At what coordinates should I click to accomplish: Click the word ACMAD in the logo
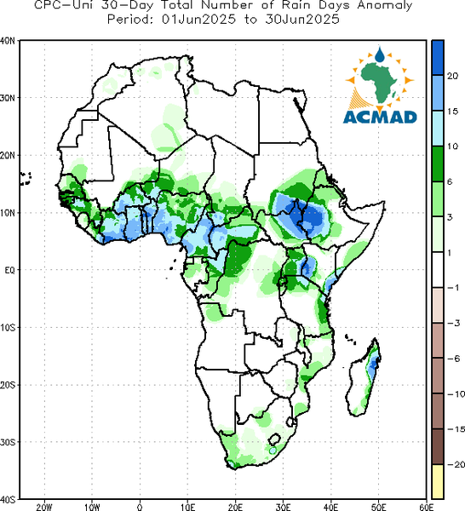click(x=380, y=117)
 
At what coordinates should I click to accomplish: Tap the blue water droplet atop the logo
click(x=379, y=55)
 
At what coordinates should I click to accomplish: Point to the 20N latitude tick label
click(x=7, y=155)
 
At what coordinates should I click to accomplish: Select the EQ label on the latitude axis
click(x=9, y=270)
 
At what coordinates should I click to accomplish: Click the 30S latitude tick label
click(x=7, y=442)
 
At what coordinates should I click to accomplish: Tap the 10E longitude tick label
click(x=187, y=507)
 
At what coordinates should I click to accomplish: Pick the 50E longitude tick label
click(x=379, y=507)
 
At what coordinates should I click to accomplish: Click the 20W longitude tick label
click(x=44, y=507)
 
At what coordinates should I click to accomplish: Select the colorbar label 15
click(x=452, y=111)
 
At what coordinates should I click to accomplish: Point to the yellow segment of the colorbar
click(x=438, y=481)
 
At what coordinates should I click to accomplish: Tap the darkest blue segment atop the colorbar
click(x=438, y=58)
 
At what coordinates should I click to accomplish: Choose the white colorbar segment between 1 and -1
click(x=438, y=269)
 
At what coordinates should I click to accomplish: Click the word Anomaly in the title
click(x=385, y=6)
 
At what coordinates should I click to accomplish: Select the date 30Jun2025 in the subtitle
click(x=302, y=20)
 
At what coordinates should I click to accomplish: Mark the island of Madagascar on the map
click(x=364, y=378)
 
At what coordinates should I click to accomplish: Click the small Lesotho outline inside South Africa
click(x=274, y=439)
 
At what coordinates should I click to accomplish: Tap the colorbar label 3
click(x=450, y=217)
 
